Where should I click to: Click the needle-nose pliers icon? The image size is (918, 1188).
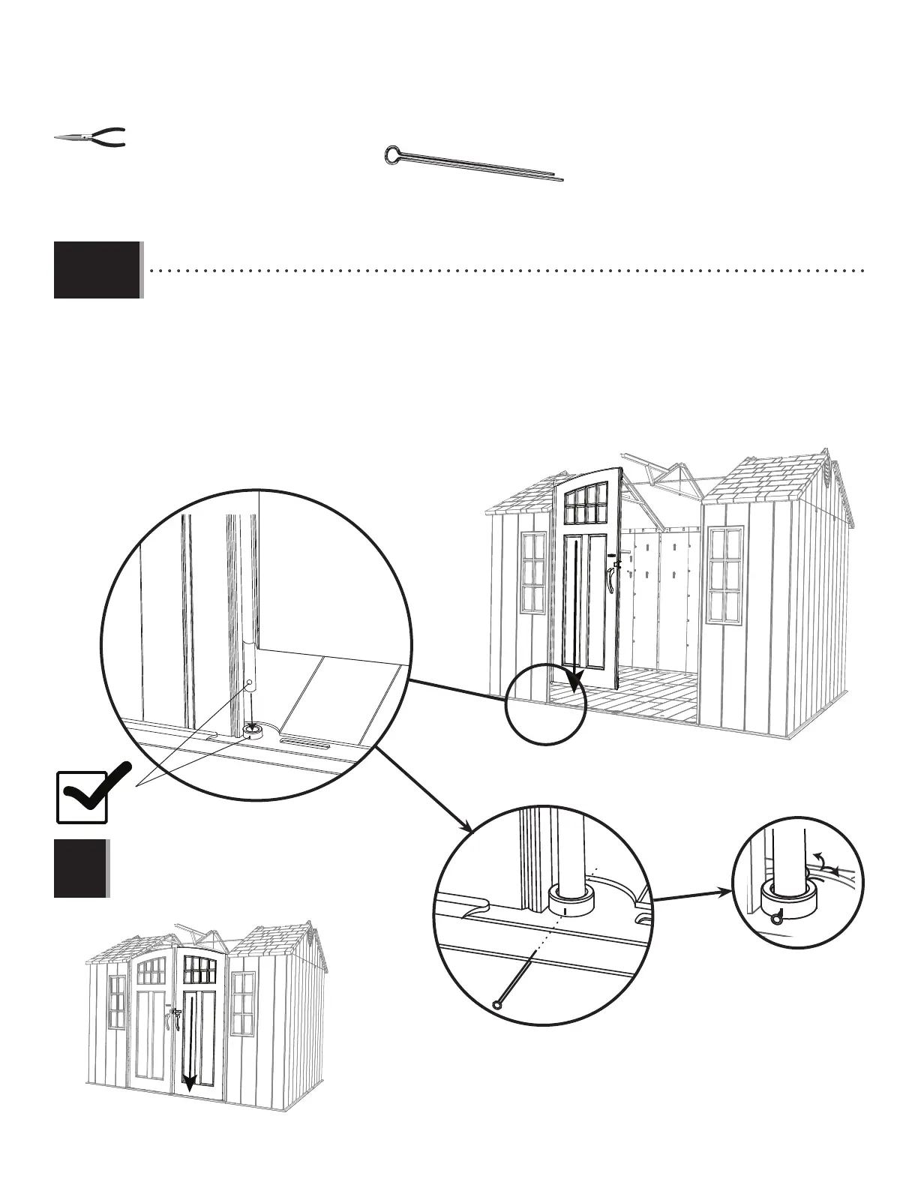[x=90, y=138]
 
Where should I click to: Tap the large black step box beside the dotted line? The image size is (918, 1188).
[x=97, y=270]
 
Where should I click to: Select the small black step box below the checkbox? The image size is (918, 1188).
[x=80, y=868]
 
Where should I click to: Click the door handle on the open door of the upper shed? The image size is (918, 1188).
[x=612, y=577]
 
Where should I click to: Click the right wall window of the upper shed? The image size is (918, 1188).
[x=725, y=574]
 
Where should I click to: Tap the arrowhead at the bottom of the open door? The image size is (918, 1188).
[x=574, y=682]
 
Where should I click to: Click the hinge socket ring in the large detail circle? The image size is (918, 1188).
[x=253, y=730]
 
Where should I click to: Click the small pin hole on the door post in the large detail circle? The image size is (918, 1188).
[x=250, y=683]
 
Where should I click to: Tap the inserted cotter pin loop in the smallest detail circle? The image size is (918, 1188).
[x=776, y=916]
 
